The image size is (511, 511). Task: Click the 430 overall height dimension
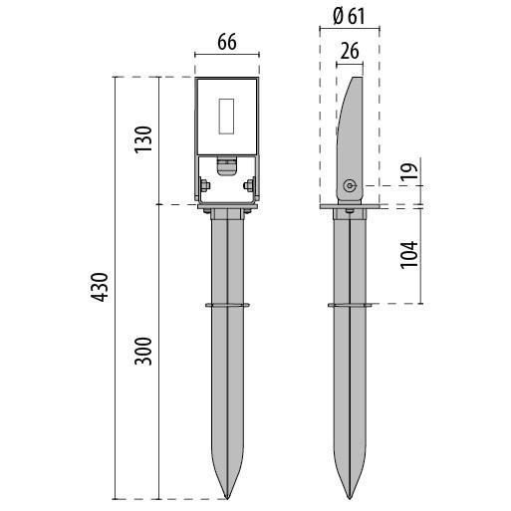tap(100, 287)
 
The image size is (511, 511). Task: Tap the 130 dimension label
tap(143, 139)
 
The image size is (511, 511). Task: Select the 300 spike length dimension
tap(143, 352)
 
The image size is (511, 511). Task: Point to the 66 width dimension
tap(227, 43)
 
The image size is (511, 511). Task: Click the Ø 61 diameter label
tap(349, 16)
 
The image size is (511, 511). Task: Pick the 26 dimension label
tap(350, 52)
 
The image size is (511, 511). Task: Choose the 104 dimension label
tap(409, 255)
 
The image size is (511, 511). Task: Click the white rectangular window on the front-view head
tap(226, 117)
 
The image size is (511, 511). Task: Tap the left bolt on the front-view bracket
tap(204, 185)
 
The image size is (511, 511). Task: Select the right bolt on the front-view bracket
tap(249, 185)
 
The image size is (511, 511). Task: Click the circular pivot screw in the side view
tap(349, 186)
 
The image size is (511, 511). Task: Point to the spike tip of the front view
tap(227, 498)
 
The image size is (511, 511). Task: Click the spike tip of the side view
tap(350, 498)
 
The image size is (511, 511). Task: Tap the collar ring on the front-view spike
tap(227, 305)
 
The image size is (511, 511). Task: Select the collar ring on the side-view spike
tap(350, 305)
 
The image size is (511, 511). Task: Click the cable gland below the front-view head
tap(226, 166)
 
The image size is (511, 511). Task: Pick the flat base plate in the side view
tap(354, 206)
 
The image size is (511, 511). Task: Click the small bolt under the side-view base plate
tap(349, 211)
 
